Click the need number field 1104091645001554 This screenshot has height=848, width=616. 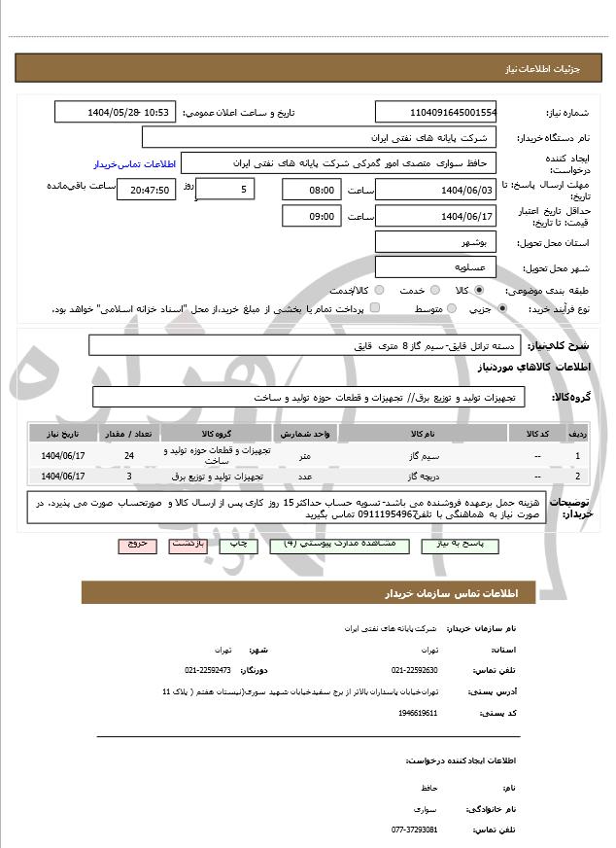435,112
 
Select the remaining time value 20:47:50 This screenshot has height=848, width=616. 146,190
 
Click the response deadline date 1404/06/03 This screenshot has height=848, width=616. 435,190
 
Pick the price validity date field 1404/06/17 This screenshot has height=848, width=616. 435,216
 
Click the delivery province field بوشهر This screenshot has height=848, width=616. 435,241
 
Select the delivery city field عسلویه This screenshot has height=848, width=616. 435,266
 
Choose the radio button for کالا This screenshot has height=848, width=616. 479,290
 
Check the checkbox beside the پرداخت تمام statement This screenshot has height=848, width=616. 375,308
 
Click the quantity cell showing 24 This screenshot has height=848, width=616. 130,454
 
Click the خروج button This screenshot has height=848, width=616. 136,545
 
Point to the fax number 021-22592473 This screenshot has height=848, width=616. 207,670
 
